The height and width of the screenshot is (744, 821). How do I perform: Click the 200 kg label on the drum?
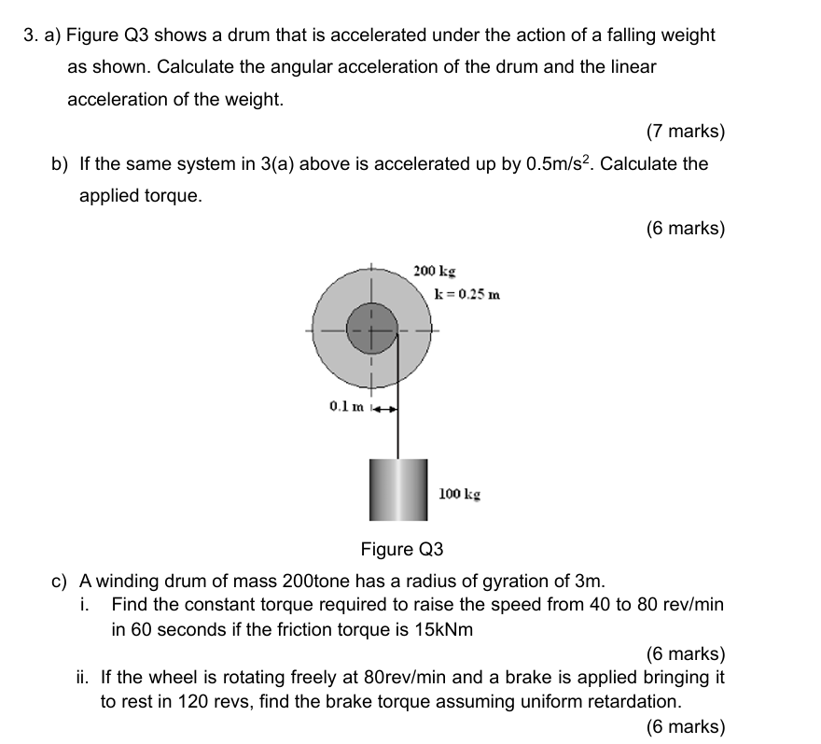[x=434, y=272]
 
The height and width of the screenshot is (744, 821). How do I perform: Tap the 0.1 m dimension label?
[x=346, y=406]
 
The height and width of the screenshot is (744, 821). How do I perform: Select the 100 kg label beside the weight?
[x=459, y=492]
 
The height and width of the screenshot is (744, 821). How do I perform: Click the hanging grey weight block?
[x=397, y=490]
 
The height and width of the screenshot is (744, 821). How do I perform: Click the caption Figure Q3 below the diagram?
[x=402, y=547]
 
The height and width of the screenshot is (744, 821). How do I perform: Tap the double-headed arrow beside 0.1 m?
[x=386, y=408]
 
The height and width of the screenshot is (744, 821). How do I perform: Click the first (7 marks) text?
[x=685, y=132]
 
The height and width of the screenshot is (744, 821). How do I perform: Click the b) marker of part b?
[x=60, y=164]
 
